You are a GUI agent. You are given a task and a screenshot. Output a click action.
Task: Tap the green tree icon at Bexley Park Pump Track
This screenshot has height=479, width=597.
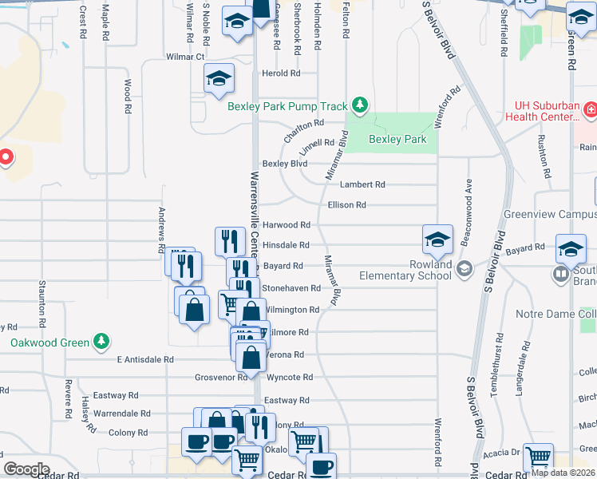click(361, 105)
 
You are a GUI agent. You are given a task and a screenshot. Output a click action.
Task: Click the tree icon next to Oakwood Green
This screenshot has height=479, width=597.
click(101, 342)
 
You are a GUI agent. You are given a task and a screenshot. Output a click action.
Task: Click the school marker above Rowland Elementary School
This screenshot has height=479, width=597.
click(437, 238)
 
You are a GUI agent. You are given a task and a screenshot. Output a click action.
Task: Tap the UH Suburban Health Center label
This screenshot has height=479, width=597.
click(546, 111)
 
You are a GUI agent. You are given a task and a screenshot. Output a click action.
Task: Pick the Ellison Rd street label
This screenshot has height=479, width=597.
click(346, 205)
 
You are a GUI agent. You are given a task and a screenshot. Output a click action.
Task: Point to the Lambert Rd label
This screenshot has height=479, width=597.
click(362, 184)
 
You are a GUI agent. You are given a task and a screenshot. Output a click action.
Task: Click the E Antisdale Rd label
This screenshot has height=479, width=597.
click(144, 360)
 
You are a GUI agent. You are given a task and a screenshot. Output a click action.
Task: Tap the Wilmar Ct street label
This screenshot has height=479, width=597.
click(185, 57)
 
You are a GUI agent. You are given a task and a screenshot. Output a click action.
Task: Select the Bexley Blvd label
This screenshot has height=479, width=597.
click(285, 164)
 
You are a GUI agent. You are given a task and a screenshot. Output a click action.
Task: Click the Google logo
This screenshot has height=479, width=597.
click(26, 469)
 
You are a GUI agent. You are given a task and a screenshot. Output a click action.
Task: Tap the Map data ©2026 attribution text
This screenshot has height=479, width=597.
click(563, 473)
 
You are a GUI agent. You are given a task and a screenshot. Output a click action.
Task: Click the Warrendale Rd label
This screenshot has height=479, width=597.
click(121, 414)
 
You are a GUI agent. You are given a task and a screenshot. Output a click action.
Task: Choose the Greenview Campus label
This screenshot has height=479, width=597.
click(550, 216)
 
